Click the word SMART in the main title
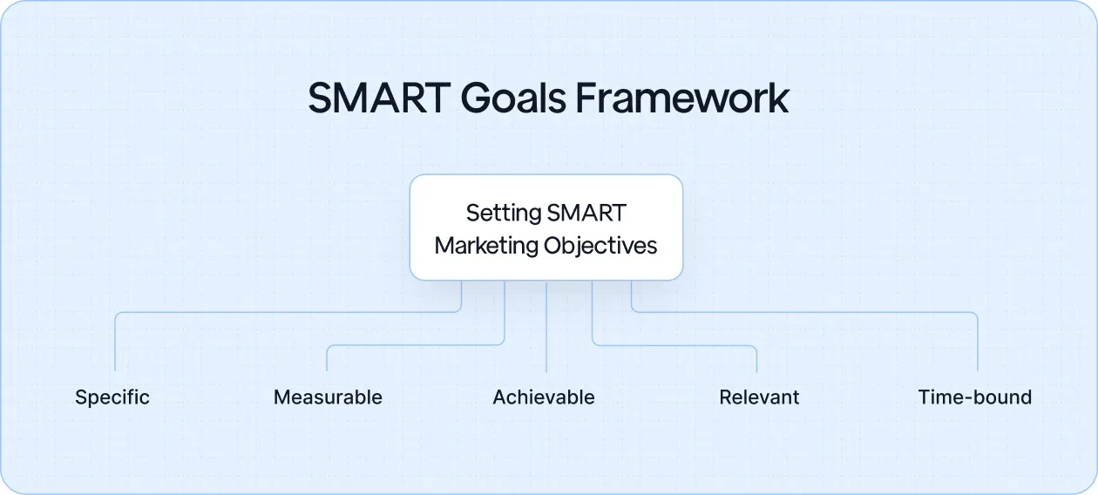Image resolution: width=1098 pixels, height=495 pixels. click(379, 98)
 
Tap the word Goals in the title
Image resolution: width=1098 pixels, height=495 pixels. click(514, 98)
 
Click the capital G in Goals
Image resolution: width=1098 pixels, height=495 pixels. click(475, 98)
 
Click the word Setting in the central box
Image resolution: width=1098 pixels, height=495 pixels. click(503, 213)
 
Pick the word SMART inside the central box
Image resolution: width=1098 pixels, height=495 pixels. click(587, 213)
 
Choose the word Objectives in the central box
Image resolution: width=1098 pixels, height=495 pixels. click(600, 246)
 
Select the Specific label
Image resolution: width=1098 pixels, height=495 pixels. click(112, 397)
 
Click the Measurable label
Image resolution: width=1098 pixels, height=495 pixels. click(328, 397)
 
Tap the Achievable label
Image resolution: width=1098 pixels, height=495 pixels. click(544, 397)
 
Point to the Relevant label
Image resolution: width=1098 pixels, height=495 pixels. click(759, 397)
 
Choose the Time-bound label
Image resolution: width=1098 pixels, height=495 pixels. click(974, 397)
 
